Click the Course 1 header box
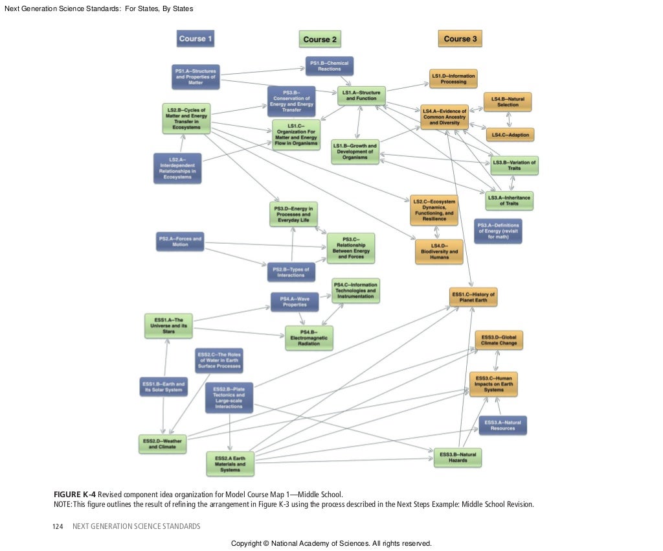(x=196, y=39)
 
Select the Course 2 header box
(x=320, y=40)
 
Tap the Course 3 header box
(x=460, y=39)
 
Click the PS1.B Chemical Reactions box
(x=330, y=66)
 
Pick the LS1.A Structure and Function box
(x=361, y=96)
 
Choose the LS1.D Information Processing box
(x=453, y=79)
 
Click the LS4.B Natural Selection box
(x=508, y=102)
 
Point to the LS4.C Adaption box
(x=510, y=135)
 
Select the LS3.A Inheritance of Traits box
(x=509, y=200)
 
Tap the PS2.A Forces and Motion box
(x=180, y=242)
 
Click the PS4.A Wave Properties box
(x=294, y=301)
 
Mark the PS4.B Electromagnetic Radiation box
(x=309, y=338)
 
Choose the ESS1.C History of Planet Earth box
(x=473, y=298)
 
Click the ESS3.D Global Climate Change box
(x=499, y=340)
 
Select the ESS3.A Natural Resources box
(x=502, y=425)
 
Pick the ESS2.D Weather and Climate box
(x=163, y=444)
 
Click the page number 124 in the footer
(x=57, y=526)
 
